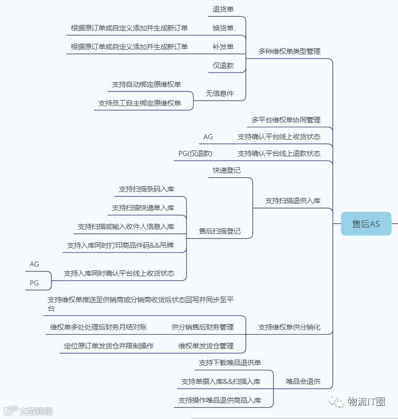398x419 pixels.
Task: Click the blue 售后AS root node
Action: coord(366,223)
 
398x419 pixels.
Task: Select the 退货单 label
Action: coord(223,9)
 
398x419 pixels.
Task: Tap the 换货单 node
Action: coord(223,28)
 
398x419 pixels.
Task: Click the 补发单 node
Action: coord(223,47)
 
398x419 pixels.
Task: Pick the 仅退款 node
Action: coord(223,66)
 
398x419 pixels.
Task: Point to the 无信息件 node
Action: coord(220,93)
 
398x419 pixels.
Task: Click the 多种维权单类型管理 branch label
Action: coord(289,51)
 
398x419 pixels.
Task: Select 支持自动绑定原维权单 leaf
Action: coord(146,84)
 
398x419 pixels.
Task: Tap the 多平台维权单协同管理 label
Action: coord(286,120)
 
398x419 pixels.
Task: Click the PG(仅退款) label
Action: coord(195,153)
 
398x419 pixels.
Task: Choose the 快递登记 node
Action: coord(227,170)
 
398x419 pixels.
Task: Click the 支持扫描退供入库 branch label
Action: coord(293,201)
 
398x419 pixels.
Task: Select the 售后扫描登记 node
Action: coord(220,231)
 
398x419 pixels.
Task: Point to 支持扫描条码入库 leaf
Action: coord(146,189)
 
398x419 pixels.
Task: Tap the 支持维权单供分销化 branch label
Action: coord(289,327)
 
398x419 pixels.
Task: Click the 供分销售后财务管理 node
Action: coord(202,327)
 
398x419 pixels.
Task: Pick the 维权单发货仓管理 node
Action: coord(206,346)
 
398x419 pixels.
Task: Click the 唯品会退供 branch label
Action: coord(302,381)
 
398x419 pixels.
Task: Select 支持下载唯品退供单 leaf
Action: coord(230,363)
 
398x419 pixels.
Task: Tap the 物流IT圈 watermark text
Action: coord(366,402)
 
